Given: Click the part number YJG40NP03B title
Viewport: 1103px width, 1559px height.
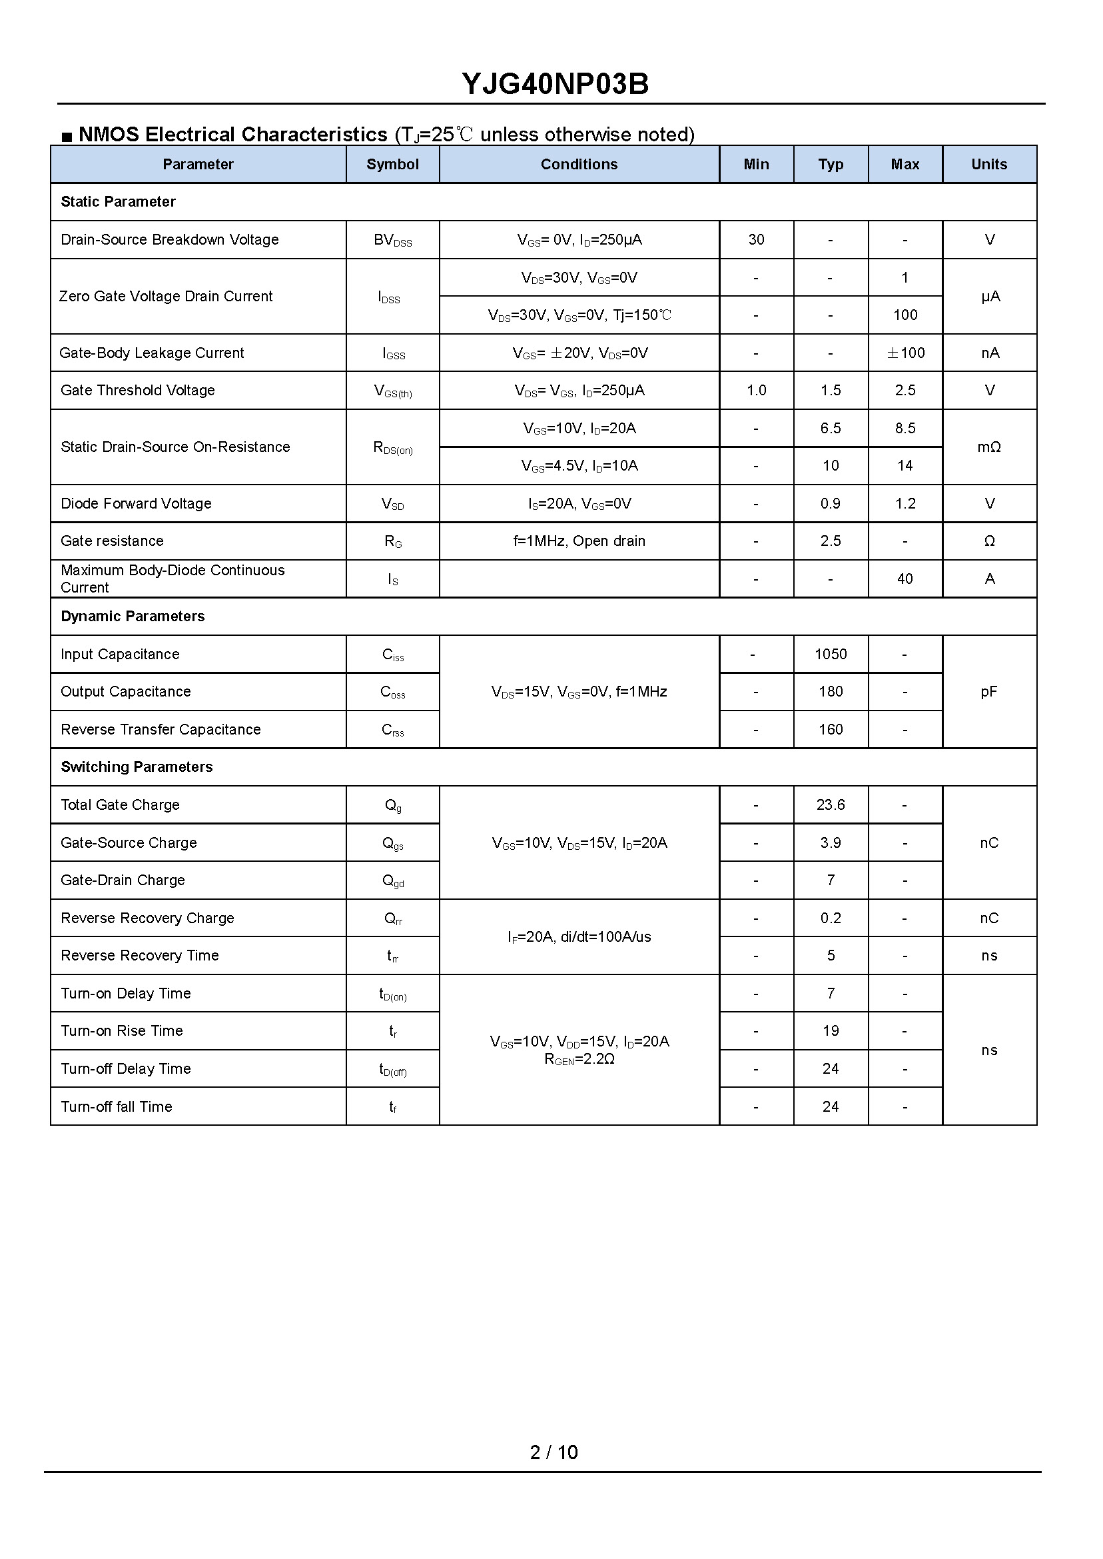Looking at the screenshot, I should pyautogui.click(x=555, y=84).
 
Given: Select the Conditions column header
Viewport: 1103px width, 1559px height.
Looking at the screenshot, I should pyautogui.click(x=579, y=165).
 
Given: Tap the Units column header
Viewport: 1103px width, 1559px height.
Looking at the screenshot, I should pyautogui.click(x=989, y=165).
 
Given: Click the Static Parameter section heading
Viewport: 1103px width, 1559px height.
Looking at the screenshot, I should pyautogui.click(x=118, y=202).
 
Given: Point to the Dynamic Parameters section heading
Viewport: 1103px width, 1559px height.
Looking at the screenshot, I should pyautogui.click(x=133, y=617).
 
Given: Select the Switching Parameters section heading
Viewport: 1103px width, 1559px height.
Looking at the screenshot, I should pyautogui.click(x=137, y=767).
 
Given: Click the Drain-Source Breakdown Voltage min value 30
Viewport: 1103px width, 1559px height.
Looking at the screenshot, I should pyautogui.click(x=756, y=240).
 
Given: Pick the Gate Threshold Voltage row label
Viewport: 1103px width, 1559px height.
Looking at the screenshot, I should pyautogui.click(x=138, y=391).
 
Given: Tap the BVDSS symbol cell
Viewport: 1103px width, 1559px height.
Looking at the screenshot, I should pyautogui.click(x=392, y=241).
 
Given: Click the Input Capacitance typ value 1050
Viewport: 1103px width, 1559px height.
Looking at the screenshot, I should pyautogui.click(x=831, y=655).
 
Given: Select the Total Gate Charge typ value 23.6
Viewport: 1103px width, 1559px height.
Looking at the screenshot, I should pyautogui.click(x=831, y=805).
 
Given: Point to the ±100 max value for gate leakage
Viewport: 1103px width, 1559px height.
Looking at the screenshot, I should pyautogui.click(x=905, y=353).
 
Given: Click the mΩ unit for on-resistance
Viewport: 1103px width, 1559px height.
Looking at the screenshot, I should pyautogui.click(x=989, y=447).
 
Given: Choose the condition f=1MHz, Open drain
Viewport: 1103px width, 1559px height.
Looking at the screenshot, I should pyautogui.click(x=579, y=542).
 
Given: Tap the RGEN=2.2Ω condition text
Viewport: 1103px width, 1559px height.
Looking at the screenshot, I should pyautogui.click(x=579, y=1060).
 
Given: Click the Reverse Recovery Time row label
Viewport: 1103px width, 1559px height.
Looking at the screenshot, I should pyautogui.click(x=140, y=956).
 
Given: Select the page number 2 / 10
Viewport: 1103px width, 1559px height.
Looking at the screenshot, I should pyautogui.click(x=553, y=1452).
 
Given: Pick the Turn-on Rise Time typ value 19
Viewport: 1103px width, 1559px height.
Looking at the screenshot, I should pyautogui.click(x=831, y=1031).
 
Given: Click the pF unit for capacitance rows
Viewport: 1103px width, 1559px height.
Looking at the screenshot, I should pyautogui.click(x=989, y=692).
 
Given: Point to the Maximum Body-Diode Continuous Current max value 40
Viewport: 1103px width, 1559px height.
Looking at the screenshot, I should pyautogui.click(x=905, y=579).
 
